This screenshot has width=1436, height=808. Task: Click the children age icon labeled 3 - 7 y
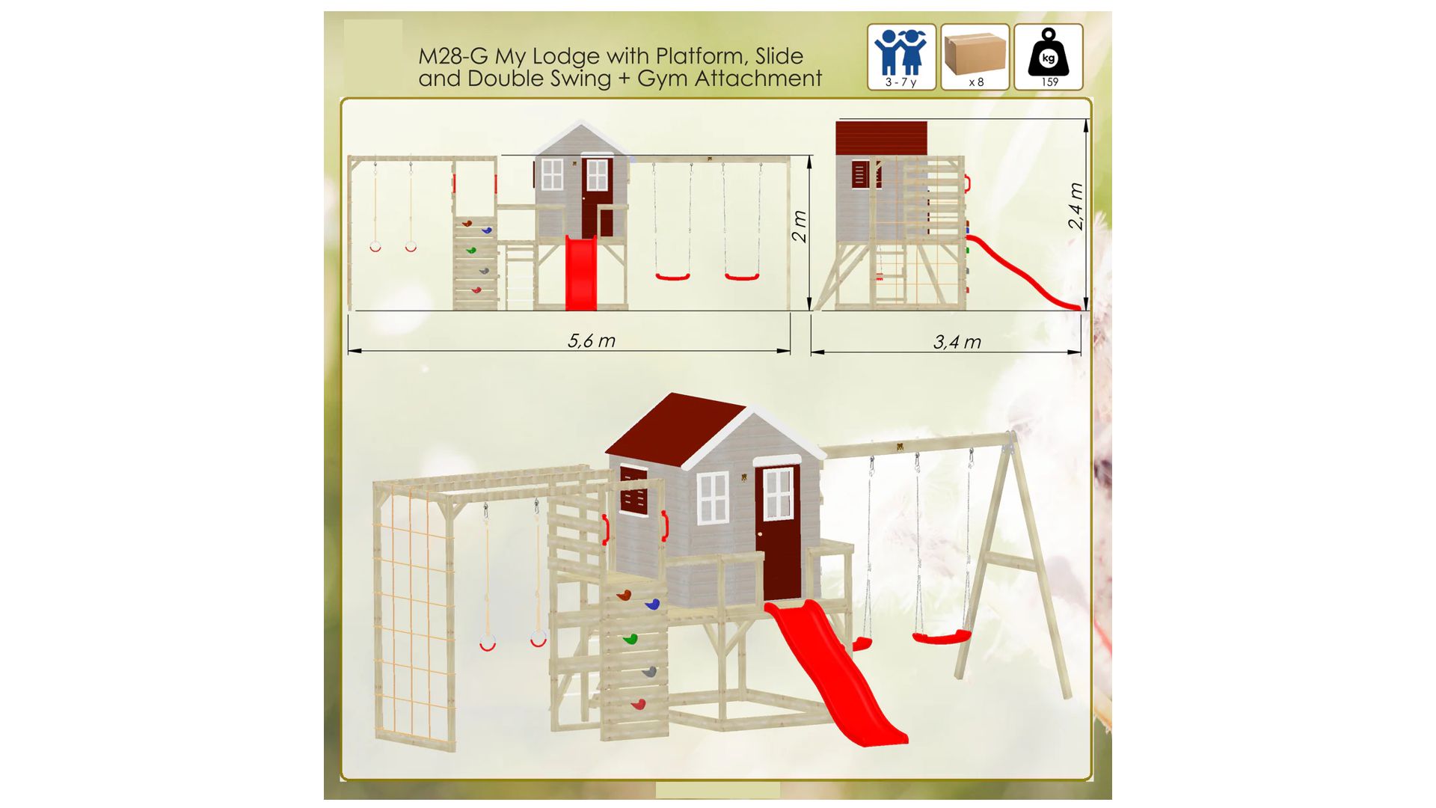point(901,57)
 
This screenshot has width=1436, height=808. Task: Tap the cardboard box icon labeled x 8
point(975,57)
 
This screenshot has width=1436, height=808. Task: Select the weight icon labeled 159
point(1048,57)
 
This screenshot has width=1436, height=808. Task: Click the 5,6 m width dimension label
point(591,341)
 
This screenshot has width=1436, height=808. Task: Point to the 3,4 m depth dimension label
point(957,343)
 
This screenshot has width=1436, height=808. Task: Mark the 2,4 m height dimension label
point(1075,206)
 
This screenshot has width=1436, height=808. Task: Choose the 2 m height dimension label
point(799,226)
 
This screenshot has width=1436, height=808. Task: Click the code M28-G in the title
point(453,56)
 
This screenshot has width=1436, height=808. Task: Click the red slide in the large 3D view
point(835,672)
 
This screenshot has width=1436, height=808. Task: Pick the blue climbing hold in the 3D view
point(652,604)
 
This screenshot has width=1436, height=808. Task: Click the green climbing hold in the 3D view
point(630,639)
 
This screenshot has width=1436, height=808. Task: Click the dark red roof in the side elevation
point(881,138)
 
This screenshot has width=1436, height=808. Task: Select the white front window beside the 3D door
point(713,498)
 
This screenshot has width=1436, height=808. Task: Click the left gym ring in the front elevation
point(375,246)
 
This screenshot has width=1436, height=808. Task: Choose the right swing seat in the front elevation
point(742,277)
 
